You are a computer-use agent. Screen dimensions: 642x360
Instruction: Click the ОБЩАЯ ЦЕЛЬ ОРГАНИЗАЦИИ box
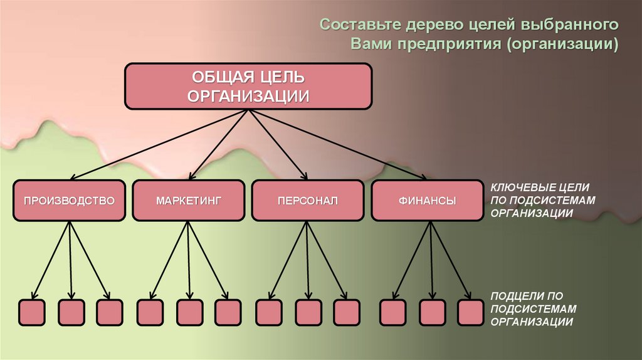point(249,86)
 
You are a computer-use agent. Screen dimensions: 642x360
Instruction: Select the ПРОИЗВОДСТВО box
point(69,201)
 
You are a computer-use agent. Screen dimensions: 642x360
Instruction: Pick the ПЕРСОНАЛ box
point(307,201)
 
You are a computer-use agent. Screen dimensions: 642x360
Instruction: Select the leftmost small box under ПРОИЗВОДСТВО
point(31,312)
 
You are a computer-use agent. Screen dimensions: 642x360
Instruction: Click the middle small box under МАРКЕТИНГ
point(189,312)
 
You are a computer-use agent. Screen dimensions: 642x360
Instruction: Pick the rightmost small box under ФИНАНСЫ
point(470,312)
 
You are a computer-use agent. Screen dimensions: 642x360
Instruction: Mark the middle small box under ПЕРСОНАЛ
point(308,312)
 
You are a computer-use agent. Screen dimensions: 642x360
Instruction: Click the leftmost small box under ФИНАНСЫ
point(393,312)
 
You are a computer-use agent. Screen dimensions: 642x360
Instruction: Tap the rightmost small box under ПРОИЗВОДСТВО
point(110,312)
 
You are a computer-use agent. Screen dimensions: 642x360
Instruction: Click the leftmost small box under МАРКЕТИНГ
point(150,312)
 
